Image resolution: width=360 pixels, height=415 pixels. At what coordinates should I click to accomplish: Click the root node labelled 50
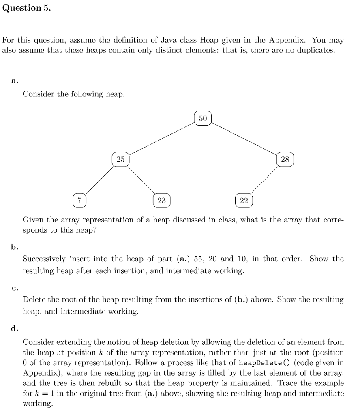203,118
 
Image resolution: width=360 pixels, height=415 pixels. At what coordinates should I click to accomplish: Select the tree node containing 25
120,159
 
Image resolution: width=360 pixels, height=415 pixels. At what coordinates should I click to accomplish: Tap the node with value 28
285,159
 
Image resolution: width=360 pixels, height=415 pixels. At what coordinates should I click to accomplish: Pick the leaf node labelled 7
79,200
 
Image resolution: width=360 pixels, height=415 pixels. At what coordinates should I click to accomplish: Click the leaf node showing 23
162,200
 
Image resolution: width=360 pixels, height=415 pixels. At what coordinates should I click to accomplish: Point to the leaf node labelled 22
244,200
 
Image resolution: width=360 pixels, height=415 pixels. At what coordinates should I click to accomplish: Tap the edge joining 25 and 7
100,180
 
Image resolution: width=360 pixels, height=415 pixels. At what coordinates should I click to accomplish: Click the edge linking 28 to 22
264,180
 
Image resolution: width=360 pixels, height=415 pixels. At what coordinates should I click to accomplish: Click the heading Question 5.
27,8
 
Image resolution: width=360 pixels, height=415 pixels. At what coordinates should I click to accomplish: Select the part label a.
15,81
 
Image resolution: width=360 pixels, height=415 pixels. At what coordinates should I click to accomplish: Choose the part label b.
15,246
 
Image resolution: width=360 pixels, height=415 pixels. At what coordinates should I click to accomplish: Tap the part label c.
15,288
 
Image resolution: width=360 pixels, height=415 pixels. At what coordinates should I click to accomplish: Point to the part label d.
15,329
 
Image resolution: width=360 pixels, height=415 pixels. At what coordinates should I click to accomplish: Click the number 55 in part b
199,259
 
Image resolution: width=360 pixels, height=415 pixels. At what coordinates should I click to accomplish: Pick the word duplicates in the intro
315,51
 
